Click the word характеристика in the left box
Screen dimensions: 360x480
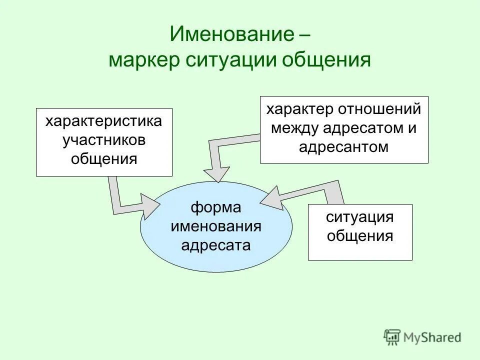coord(104,122)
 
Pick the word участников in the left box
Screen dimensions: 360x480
coord(104,140)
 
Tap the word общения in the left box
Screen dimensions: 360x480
coord(104,159)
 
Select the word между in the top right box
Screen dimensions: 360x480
coord(295,128)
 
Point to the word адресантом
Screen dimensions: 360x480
coord(344,146)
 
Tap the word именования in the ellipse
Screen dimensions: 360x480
coord(216,226)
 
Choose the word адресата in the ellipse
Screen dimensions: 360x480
coord(216,245)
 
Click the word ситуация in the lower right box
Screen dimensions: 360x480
coord(360,217)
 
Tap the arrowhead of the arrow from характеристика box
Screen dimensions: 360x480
coord(150,205)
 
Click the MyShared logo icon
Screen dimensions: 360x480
coord(392,337)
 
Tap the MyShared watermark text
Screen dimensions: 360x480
coord(433,338)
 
